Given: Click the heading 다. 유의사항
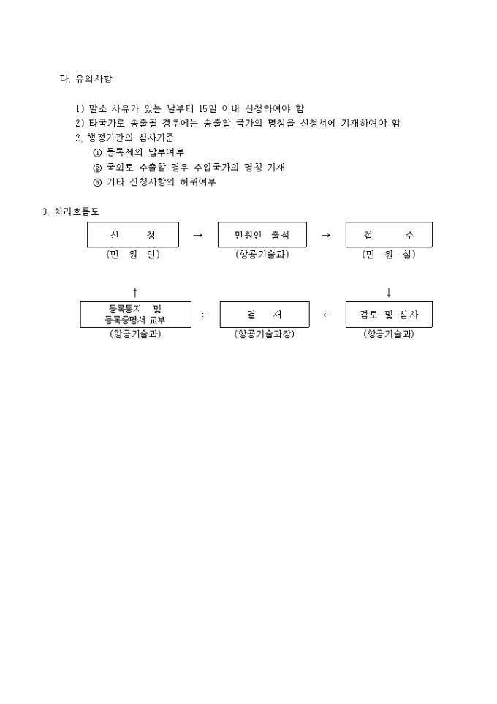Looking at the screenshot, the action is coord(86,78).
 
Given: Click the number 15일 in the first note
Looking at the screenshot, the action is coord(207,108).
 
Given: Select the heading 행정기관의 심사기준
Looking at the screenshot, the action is coord(130,138).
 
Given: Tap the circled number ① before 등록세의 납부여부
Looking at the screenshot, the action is coord(97,153).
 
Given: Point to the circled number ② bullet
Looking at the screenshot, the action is coord(97,168).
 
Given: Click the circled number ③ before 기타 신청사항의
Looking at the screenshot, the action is coord(97,183).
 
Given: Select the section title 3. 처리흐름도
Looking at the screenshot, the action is coord(71,211).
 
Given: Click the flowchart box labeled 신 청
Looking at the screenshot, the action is coord(133,234).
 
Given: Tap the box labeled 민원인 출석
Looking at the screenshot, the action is coord(262,234).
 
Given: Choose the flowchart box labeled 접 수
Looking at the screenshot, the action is coord(389,234).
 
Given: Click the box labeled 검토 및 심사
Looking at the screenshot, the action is coord(389,314).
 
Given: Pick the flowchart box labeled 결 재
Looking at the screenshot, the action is coord(265,314).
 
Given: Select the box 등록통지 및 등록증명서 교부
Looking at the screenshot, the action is coord(135,314).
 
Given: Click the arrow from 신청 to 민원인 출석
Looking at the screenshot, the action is coord(198,235).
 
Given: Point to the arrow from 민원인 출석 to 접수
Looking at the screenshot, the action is coord(326,235).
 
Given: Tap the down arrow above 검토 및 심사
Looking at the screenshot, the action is coord(389,293).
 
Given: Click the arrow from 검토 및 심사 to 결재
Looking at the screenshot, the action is coord(327,315).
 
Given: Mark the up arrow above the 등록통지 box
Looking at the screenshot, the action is coord(135,293).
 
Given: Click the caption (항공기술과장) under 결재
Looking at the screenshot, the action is coord(264,334).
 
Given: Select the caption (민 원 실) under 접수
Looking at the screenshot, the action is coord(389,254).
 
